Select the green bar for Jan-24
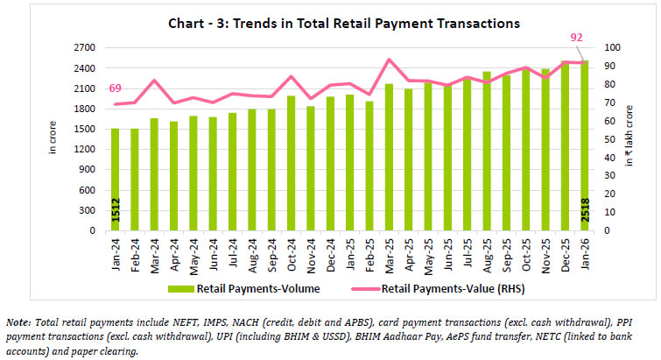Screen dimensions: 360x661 pyautogui.click(x=115, y=180)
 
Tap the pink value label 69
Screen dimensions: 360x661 pyautogui.click(x=114, y=89)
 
